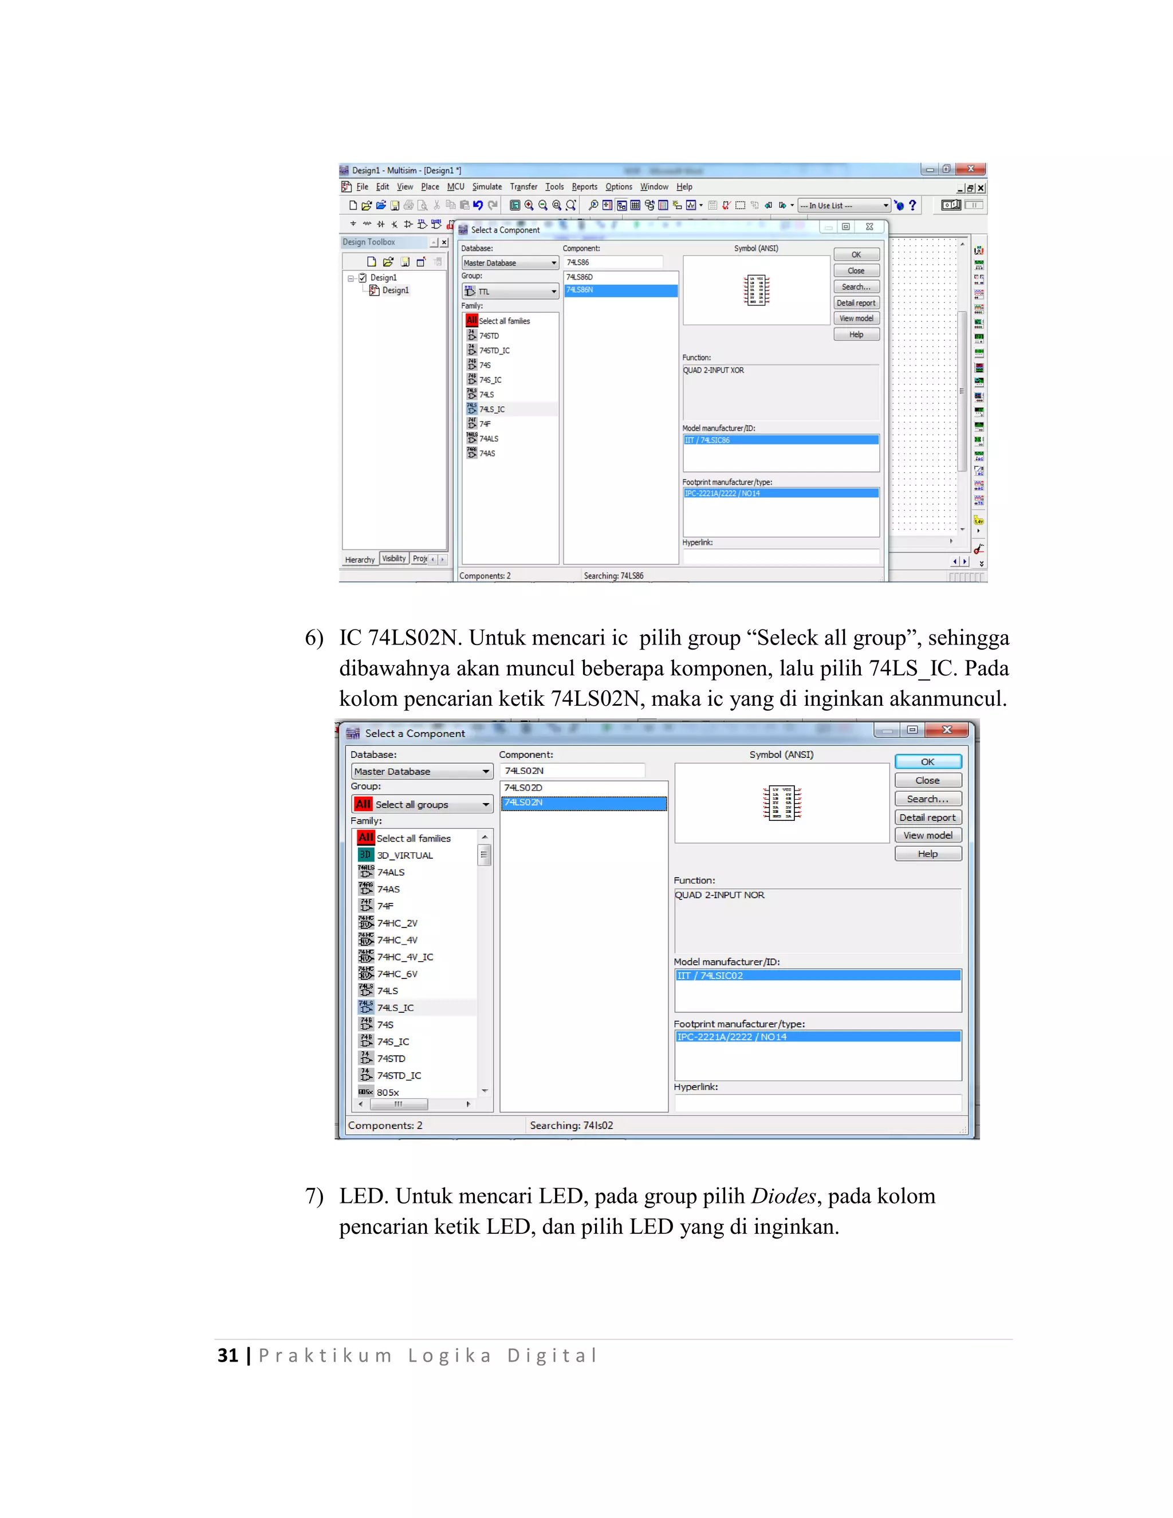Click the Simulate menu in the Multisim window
(x=486, y=187)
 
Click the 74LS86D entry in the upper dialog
(x=580, y=277)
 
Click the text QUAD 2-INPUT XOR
(x=713, y=371)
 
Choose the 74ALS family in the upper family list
(x=489, y=439)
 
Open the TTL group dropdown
(x=510, y=291)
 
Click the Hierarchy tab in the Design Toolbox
(x=360, y=560)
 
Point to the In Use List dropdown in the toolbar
(x=844, y=206)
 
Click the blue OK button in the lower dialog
(x=928, y=762)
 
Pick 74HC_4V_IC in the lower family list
(x=404, y=957)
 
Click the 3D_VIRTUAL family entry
(x=404, y=856)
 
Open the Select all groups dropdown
(x=422, y=804)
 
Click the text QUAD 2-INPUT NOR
(x=719, y=895)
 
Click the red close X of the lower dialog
(x=946, y=730)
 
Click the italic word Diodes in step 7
(x=782, y=1196)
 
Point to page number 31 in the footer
(x=228, y=1355)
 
